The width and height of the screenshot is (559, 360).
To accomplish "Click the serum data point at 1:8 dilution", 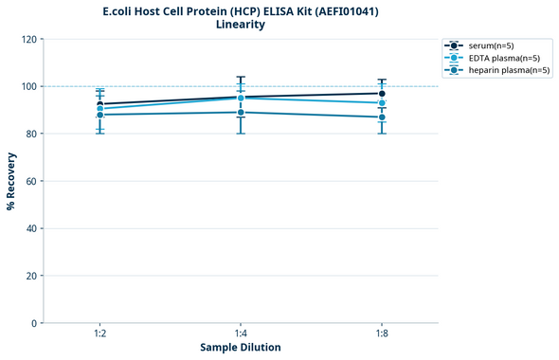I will (x=382, y=94).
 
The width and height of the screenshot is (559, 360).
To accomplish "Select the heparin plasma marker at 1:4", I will (x=241, y=113).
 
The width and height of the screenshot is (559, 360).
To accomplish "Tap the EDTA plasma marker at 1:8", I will (x=382, y=103).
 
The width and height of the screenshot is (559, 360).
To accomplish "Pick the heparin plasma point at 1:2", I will (x=99, y=115).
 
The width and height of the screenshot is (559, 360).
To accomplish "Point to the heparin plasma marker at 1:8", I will (x=382, y=117).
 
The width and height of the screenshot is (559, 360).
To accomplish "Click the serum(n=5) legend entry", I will (x=496, y=45).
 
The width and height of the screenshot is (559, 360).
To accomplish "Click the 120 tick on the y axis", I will (x=28, y=39).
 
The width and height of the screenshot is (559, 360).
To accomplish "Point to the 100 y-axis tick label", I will (x=28, y=86).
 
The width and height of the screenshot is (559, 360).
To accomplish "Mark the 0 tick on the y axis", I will (x=34, y=323).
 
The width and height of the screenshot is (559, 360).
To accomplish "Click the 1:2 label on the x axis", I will (x=99, y=333).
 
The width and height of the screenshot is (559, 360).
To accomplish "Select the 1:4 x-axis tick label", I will (x=241, y=333).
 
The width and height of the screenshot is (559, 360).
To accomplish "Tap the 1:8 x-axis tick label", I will (x=382, y=333).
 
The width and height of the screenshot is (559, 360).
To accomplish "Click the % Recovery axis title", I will (x=11, y=181).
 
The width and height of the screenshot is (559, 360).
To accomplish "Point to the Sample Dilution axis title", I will (x=241, y=348).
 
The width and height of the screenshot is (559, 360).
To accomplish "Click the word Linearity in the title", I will (x=241, y=25).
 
